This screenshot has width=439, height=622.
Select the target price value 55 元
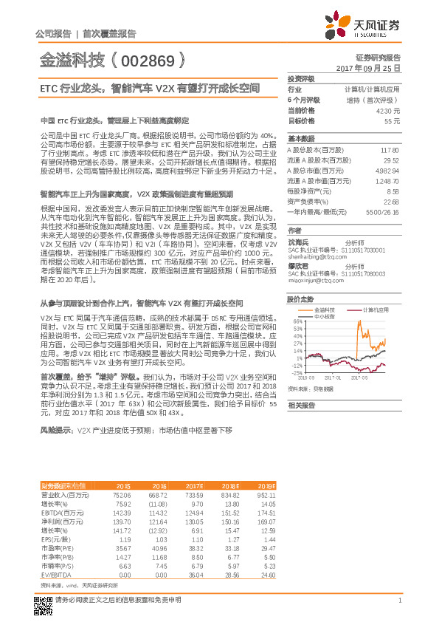tap(393, 120)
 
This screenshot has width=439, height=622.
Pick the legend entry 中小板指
tap(324, 315)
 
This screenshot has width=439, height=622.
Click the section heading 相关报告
tap(301, 406)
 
